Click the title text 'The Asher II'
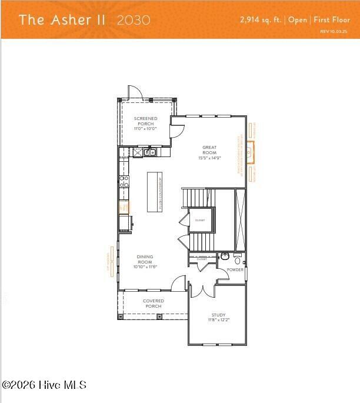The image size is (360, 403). click(x=62, y=19)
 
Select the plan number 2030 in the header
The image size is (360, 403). click(x=134, y=19)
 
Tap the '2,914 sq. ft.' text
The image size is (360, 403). click(x=261, y=19)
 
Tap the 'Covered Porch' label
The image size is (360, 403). click(x=154, y=304)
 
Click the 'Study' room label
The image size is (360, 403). click(x=218, y=318)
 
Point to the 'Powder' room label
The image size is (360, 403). click(x=235, y=270)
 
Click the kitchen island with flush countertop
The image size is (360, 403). click(x=154, y=192)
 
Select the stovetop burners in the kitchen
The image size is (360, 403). click(x=124, y=182)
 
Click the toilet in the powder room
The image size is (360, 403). click(x=238, y=259)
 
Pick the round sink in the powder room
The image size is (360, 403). click(x=225, y=257)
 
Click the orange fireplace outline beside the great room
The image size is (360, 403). click(x=251, y=152)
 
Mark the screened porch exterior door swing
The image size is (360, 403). click(x=135, y=92)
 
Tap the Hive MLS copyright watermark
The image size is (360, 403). click(x=44, y=385)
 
